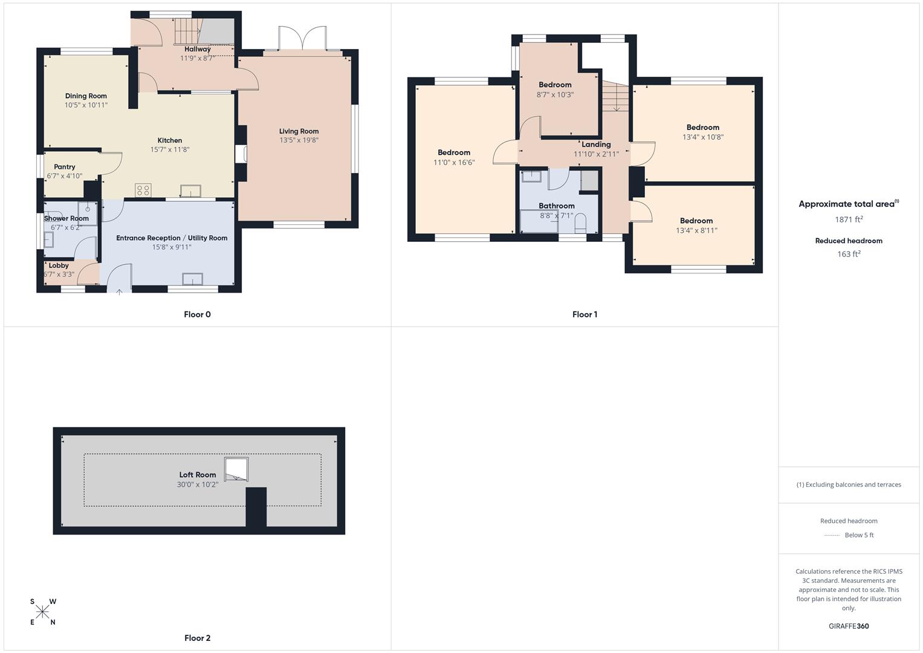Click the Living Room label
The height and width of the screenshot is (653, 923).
pyautogui.click(x=299, y=131)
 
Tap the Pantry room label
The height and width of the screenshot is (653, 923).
pyautogui.click(x=65, y=167)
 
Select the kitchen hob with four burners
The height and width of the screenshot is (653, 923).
pyautogui.click(x=143, y=190)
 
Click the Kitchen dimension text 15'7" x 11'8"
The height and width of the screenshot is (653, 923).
pyautogui.click(x=170, y=149)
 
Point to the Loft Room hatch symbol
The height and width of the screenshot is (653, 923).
pyautogui.click(x=236, y=469)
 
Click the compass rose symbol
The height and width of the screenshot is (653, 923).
pyautogui.click(x=42, y=612)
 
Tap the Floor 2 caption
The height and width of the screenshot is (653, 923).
pyautogui.click(x=198, y=638)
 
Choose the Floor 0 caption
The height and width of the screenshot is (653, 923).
pyautogui.click(x=198, y=314)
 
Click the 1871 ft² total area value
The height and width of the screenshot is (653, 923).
pyautogui.click(x=849, y=219)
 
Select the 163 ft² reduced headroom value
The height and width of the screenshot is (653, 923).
pyautogui.click(x=849, y=254)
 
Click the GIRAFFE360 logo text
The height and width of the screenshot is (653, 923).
pyautogui.click(x=849, y=626)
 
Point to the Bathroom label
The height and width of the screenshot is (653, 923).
pyautogui.click(x=557, y=206)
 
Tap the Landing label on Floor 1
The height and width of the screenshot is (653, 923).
pyautogui.click(x=596, y=145)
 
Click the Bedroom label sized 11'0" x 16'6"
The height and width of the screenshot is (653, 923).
pyautogui.click(x=454, y=152)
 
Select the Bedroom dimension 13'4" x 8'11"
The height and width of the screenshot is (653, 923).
pyautogui.click(x=696, y=230)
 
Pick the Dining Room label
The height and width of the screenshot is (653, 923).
pyautogui.click(x=86, y=96)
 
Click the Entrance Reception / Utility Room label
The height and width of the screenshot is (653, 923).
pyautogui.click(x=172, y=238)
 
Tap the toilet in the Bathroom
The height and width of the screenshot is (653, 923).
pyautogui.click(x=580, y=223)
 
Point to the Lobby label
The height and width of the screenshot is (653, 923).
pyautogui.click(x=59, y=265)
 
